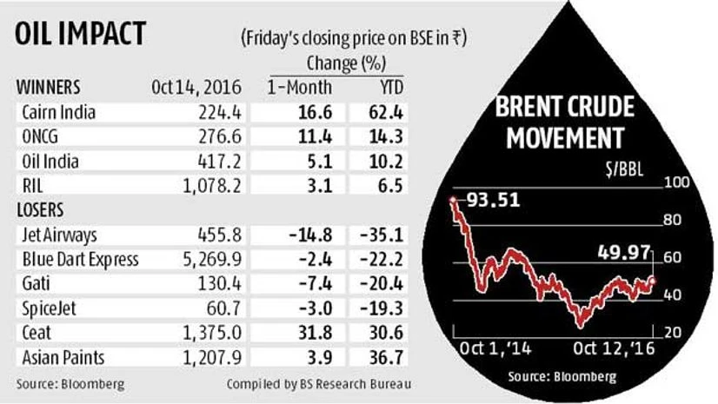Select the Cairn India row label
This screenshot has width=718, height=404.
pos(57,112)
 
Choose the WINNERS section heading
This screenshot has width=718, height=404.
pos(50,88)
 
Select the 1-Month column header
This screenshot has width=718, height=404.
pos(295,88)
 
